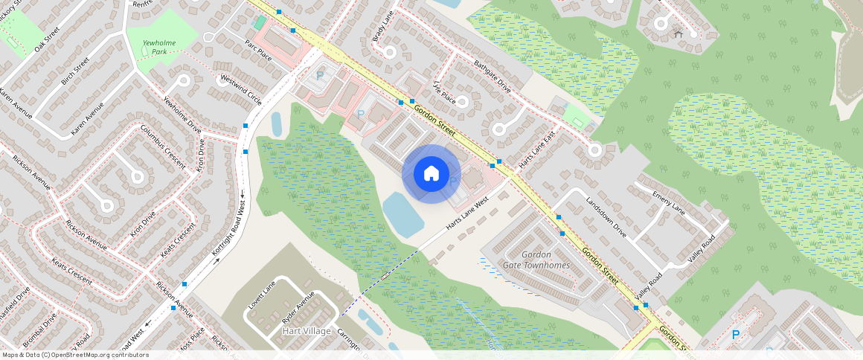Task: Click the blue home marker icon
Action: pyautogui.click(x=431, y=174)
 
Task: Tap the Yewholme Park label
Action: pyautogui.click(x=159, y=48)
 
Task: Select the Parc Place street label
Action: pyautogui.click(x=258, y=50)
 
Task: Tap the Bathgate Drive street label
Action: pyautogui.click(x=493, y=76)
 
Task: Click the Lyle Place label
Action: pyautogui.click(x=444, y=92)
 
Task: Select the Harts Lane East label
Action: pyautogui.click(x=538, y=149)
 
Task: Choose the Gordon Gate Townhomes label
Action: pyautogui.click(x=536, y=260)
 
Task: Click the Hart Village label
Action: pyautogui.click(x=307, y=331)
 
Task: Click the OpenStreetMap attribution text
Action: pyautogui.click(x=74, y=355)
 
